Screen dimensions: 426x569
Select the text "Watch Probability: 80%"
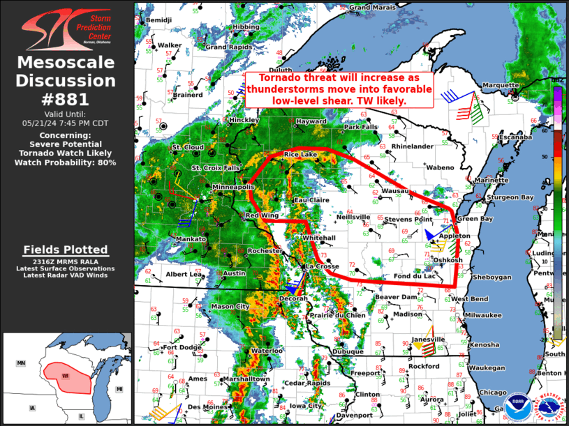click(x=66, y=162)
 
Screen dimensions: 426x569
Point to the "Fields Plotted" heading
click(x=66, y=250)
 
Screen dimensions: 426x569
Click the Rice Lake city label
click(x=300, y=154)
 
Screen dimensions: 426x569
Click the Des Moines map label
click(x=205, y=406)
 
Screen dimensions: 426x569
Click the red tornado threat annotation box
click(x=339, y=89)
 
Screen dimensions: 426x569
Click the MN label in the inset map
click(x=21, y=363)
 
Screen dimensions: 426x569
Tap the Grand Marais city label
click(x=370, y=8)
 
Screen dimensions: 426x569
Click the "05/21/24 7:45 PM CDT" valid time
click(x=66, y=123)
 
